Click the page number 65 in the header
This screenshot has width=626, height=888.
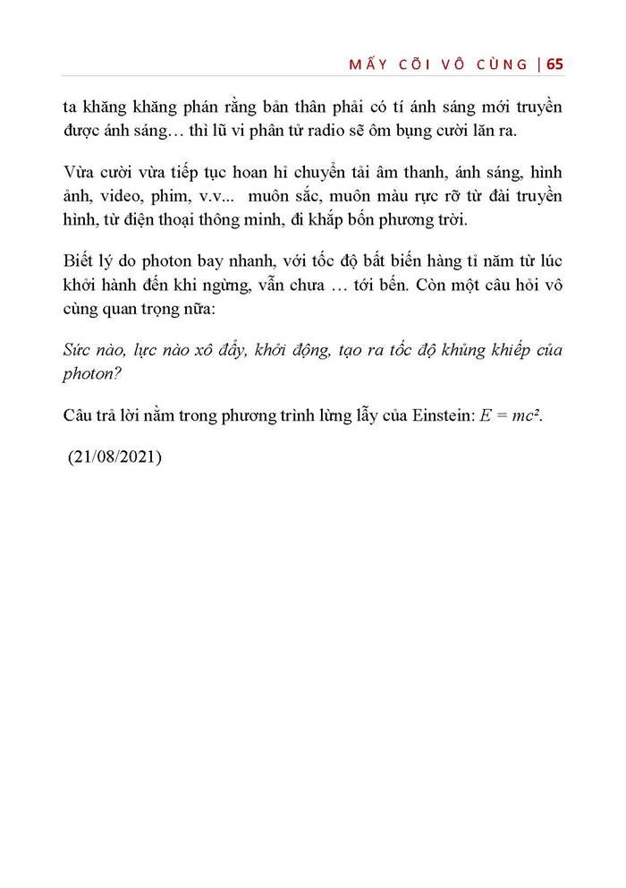click(x=554, y=64)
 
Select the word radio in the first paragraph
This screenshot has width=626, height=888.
click(x=335, y=132)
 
